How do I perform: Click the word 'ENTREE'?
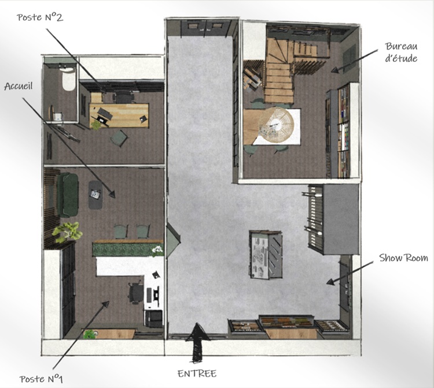pyautogui.click(x=196, y=373)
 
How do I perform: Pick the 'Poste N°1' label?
pyautogui.click(x=41, y=379)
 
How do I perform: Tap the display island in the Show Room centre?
pyautogui.click(x=266, y=253)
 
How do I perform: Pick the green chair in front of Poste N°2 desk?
pyautogui.click(x=119, y=138)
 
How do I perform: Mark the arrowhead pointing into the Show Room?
pyautogui.click(x=327, y=282)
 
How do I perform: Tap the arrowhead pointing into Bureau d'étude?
pyautogui.click(x=333, y=70)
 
